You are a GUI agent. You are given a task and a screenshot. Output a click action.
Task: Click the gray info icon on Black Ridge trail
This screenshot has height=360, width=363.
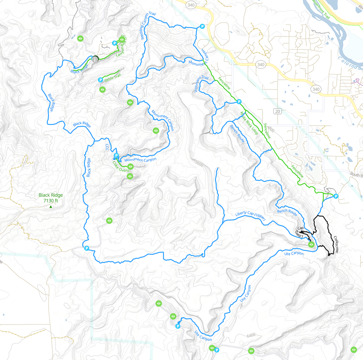click(95, 59)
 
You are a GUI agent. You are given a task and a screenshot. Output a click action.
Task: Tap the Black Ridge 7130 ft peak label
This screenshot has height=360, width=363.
click(51, 198)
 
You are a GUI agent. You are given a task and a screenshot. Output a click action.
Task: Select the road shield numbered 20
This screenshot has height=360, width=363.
click(277, 111)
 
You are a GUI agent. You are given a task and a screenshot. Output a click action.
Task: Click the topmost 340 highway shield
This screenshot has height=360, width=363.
click(191, 5)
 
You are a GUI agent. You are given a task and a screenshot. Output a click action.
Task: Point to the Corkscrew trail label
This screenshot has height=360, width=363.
click(336, 245)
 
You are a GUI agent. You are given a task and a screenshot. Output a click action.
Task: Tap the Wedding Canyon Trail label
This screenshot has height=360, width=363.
click(147, 26)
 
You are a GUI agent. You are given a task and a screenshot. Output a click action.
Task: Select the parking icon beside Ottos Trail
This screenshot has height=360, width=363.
click(101, 80)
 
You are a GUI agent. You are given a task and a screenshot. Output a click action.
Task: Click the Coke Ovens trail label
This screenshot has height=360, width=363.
click(121, 166)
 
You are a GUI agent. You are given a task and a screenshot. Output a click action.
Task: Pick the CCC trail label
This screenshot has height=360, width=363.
click(107, 147)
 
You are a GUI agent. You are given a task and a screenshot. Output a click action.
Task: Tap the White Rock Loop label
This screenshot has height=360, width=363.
click(249, 123)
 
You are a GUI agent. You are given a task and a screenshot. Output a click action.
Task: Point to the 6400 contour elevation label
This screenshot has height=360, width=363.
click(251, 335)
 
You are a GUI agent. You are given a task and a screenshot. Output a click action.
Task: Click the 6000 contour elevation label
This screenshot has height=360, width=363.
click(292, 330)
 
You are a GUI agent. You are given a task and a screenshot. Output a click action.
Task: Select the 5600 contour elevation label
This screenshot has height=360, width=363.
click(199, 163)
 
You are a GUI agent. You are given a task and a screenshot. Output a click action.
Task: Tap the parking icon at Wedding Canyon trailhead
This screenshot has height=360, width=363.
click(202, 26)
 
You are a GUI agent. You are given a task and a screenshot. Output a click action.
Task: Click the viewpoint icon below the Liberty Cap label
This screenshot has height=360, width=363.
click(311, 245)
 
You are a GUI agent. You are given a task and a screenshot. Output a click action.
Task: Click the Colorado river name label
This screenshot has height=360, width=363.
click(349, 63)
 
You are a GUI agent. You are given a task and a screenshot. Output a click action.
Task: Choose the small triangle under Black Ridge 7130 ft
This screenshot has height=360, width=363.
click(51, 207)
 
